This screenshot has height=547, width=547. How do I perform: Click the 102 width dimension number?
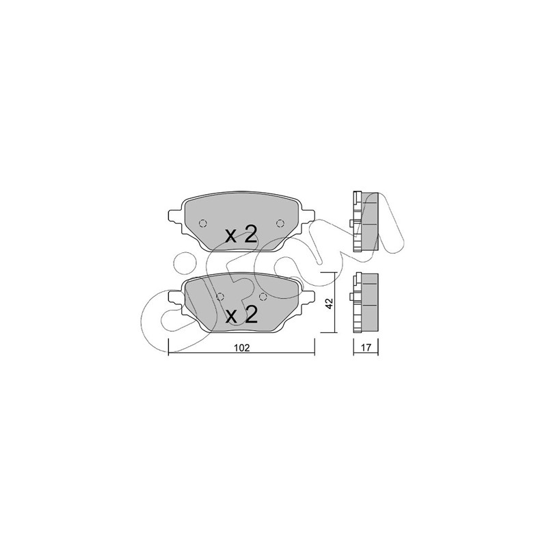coord(242,348)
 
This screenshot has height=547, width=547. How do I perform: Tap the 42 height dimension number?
coord(330,303)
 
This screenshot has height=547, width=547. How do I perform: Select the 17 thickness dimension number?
coord(366,347)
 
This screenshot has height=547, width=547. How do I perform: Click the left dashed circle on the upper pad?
coord(202,224)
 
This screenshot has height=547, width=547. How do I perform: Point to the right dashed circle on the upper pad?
coord(280,224)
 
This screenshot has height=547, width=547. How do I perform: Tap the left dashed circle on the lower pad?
coord(219,297)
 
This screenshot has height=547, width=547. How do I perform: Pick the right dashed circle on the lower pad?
coord(263,297)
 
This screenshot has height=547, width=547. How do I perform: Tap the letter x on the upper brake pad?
coord(231,237)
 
